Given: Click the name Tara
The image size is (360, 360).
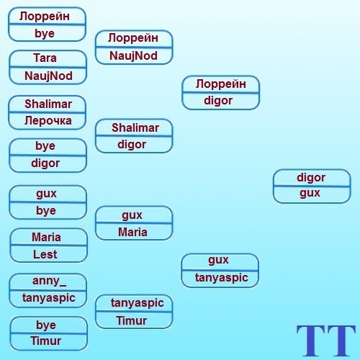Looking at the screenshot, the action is [45, 58].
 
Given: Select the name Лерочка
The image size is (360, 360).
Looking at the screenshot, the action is [48, 120].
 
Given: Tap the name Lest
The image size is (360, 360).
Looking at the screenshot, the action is [45, 254].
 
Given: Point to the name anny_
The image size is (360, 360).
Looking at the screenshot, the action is [49, 281].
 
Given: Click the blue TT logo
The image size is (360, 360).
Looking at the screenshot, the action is [325, 341].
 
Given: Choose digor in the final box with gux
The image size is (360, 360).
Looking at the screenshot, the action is [311, 178].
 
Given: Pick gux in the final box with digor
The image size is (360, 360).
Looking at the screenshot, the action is [310, 193].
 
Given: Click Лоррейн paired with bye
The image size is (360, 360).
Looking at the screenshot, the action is [45, 17].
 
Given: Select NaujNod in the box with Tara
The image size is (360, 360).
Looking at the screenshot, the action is [48, 76].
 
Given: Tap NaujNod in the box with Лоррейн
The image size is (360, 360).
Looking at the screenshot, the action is [133, 56].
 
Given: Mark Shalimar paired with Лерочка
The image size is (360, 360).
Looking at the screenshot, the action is [48, 104].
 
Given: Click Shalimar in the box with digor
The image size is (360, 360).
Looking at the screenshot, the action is [135, 128].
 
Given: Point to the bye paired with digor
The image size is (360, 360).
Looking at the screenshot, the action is [45, 146].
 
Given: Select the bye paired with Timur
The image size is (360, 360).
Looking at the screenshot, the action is [46, 325].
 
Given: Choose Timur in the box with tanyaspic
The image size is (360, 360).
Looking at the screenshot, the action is [132, 321].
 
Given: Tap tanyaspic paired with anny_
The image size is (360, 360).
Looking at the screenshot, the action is [49, 298].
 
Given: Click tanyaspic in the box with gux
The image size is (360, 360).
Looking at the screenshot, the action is [221, 278].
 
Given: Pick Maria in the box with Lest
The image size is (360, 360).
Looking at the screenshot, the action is [46, 238].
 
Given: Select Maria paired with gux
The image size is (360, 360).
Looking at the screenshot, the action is [132, 233].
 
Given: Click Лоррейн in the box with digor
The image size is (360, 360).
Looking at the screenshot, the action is [221, 84].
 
